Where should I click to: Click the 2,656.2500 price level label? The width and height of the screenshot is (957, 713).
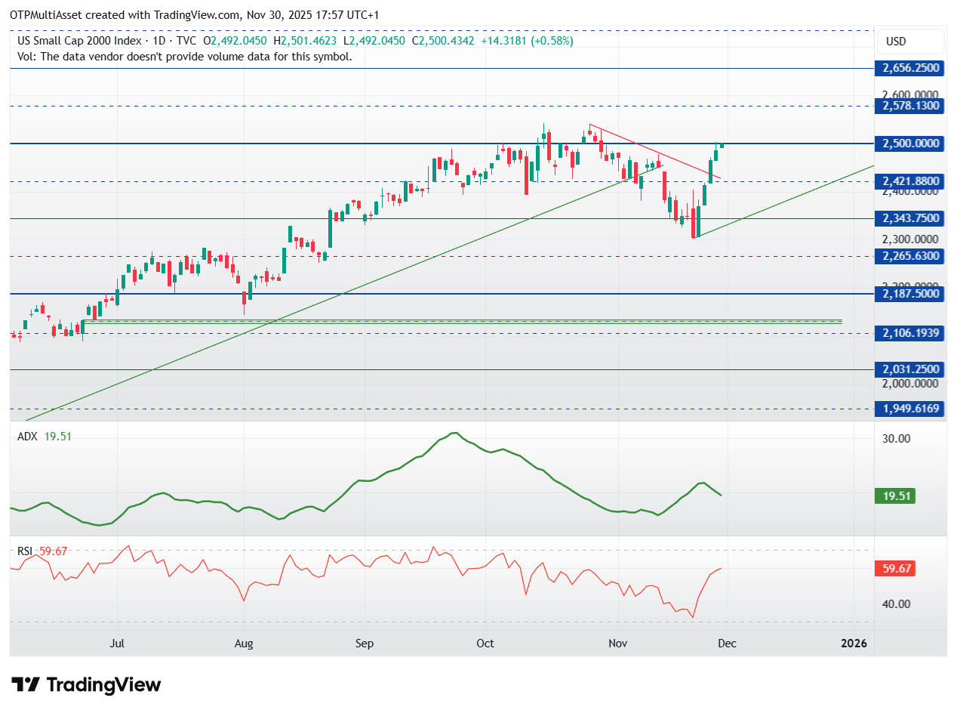click(910, 68)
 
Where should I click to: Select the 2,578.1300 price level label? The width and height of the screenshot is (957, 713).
click(910, 105)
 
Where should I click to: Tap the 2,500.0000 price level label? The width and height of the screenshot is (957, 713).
click(910, 144)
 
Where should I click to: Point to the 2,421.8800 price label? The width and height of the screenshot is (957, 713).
click(910, 181)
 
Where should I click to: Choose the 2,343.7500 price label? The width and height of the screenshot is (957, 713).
click(910, 218)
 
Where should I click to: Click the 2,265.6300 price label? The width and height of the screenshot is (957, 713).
click(910, 256)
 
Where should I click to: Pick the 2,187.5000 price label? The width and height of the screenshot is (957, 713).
click(910, 293)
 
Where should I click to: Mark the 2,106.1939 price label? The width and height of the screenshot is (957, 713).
click(910, 332)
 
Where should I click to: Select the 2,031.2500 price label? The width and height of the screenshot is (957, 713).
click(910, 369)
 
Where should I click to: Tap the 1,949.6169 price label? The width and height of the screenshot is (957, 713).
click(910, 409)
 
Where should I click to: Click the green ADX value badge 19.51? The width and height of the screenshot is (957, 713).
click(895, 495)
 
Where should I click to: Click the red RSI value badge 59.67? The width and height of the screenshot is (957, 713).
click(895, 568)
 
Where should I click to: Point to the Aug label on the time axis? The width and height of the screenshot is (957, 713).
click(243, 644)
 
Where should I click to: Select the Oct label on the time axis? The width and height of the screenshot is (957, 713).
click(485, 644)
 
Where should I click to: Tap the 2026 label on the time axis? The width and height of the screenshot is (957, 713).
click(854, 644)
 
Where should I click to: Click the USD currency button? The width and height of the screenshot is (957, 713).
click(896, 42)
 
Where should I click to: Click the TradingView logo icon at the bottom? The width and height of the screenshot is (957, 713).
click(26, 685)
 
